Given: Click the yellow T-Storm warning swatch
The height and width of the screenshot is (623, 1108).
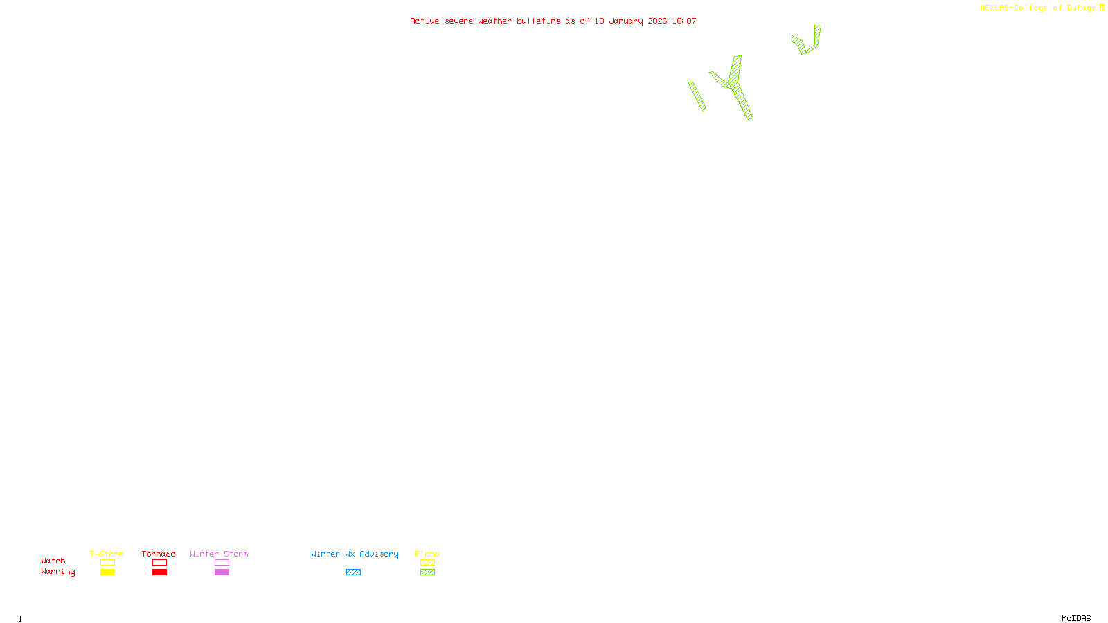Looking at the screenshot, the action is click(107, 572).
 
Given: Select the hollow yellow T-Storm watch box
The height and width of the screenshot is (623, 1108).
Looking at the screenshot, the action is click(107, 563).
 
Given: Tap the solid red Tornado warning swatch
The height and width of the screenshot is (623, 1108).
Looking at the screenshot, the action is click(159, 572).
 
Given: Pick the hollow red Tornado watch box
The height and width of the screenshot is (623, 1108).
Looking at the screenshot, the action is click(159, 563).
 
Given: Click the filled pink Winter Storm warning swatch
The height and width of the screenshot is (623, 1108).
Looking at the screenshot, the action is click(222, 572).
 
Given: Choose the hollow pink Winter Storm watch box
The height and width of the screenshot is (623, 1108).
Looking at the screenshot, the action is click(222, 563).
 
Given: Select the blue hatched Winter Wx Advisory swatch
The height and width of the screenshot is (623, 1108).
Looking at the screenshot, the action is click(353, 572).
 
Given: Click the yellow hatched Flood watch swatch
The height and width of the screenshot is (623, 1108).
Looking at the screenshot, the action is click(427, 563).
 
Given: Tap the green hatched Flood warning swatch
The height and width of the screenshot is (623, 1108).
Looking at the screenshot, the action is click(427, 572).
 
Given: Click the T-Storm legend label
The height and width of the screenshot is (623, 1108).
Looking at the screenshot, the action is click(107, 554).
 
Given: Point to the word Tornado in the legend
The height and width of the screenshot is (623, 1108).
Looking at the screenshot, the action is click(159, 554).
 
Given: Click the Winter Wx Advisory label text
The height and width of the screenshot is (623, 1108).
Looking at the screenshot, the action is click(355, 554).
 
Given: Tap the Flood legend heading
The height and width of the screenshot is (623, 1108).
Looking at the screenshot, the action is click(427, 554).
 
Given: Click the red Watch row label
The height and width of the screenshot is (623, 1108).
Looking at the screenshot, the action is click(53, 561).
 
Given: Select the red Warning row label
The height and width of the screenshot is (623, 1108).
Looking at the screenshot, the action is click(57, 572).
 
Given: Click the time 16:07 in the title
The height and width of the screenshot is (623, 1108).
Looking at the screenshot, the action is click(684, 21).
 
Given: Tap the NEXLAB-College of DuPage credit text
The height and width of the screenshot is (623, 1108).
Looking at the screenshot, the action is click(1038, 8).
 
